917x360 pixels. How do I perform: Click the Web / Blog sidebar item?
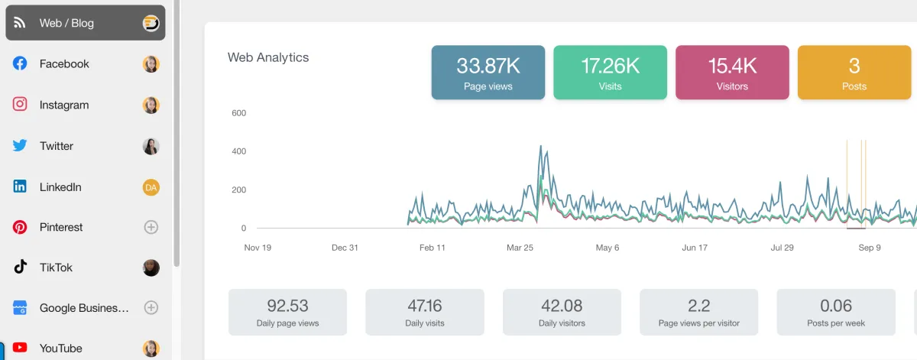pyautogui.click(x=84, y=23)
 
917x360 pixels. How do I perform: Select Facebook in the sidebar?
pyautogui.click(x=64, y=64)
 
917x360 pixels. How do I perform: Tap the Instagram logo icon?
pyautogui.click(x=20, y=105)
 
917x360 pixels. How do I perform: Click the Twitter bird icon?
pyautogui.click(x=20, y=146)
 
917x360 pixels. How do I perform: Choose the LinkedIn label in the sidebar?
pyautogui.click(x=60, y=187)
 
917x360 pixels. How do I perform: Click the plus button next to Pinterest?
pyautogui.click(x=151, y=227)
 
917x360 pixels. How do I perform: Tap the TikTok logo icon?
pyautogui.click(x=20, y=268)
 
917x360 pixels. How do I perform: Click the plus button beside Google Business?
pyautogui.click(x=151, y=308)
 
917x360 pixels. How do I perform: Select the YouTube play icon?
pyautogui.click(x=20, y=348)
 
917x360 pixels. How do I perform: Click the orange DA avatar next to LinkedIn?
pyautogui.click(x=151, y=187)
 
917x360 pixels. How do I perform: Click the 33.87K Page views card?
pyautogui.click(x=488, y=73)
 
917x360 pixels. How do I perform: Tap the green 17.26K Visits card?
pyautogui.click(x=610, y=73)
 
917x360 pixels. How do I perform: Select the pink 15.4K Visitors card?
pyautogui.click(x=732, y=73)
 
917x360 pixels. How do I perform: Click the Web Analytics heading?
pyautogui.click(x=268, y=57)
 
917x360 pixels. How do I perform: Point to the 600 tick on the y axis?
pyautogui.click(x=238, y=113)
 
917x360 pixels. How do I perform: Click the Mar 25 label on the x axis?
pyautogui.click(x=520, y=248)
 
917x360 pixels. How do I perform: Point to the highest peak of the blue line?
pyautogui.click(x=540, y=146)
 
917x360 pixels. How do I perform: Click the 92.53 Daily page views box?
pyautogui.click(x=287, y=312)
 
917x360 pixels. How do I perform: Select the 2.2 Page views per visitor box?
pyautogui.click(x=698, y=312)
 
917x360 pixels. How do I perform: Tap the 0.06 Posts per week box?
pyautogui.click(x=835, y=312)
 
